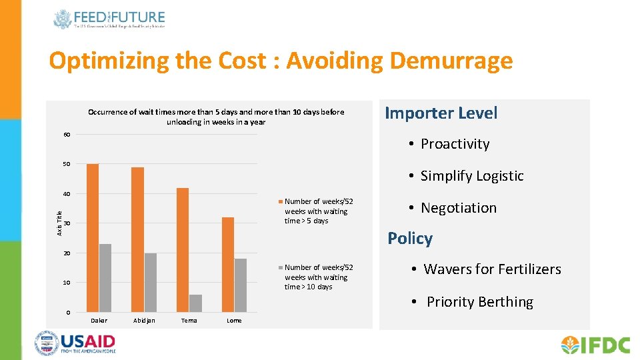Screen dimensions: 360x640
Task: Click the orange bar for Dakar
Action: pos(93,238)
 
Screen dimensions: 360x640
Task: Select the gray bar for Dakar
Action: pos(105,278)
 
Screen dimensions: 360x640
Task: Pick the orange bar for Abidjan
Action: pos(138,239)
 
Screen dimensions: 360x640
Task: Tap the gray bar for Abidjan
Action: pos(150,283)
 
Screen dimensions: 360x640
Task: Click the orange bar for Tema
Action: pos(183,250)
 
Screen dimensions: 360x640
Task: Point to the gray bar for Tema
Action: pos(195,303)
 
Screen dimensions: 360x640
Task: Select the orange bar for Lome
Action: pos(228,265)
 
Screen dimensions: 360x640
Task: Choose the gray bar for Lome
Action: pos(241,285)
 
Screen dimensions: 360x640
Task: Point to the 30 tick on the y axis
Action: pos(67,223)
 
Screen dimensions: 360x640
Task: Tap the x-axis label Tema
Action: pos(189,321)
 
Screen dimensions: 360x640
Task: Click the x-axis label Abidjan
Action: pos(144,321)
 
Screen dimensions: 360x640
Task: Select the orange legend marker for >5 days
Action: pos(280,201)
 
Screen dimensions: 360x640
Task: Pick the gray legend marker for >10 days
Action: pos(280,267)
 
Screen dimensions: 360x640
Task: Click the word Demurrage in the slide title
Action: pos(451,61)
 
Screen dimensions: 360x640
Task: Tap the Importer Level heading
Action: pos(441,113)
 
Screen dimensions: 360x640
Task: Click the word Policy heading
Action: pos(410,239)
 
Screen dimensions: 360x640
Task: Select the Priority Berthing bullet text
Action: pos(479,302)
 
